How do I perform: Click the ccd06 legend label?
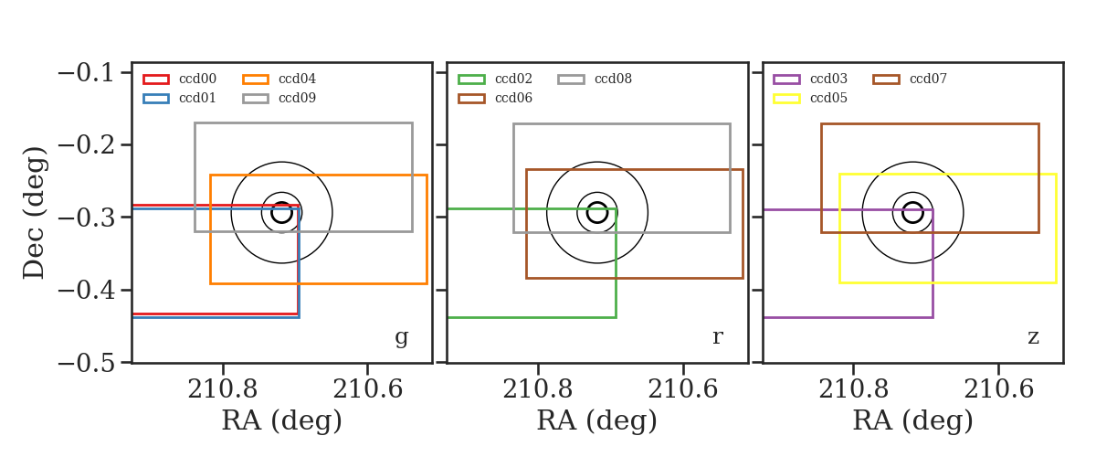tap(513, 98)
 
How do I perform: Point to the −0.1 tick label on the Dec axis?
tap(86, 73)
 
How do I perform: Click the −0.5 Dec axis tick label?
tap(86, 363)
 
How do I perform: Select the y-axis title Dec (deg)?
tap(35, 213)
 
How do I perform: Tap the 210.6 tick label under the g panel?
tap(367, 389)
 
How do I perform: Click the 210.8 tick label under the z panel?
tap(853, 389)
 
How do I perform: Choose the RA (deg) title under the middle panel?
tap(597, 420)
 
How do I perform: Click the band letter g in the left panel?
tap(402, 337)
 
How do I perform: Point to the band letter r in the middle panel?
tap(717, 336)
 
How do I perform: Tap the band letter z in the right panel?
tap(1033, 337)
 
